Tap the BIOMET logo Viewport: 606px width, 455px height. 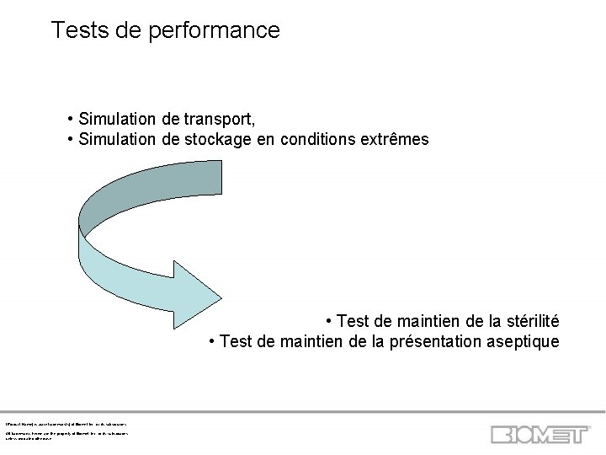(x=541, y=434)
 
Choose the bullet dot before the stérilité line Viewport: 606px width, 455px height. (x=329, y=321)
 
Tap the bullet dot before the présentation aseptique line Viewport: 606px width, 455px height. (x=212, y=342)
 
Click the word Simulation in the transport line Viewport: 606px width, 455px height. (x=115, y=117)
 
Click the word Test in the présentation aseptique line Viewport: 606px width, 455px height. (x=235, y=342)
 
